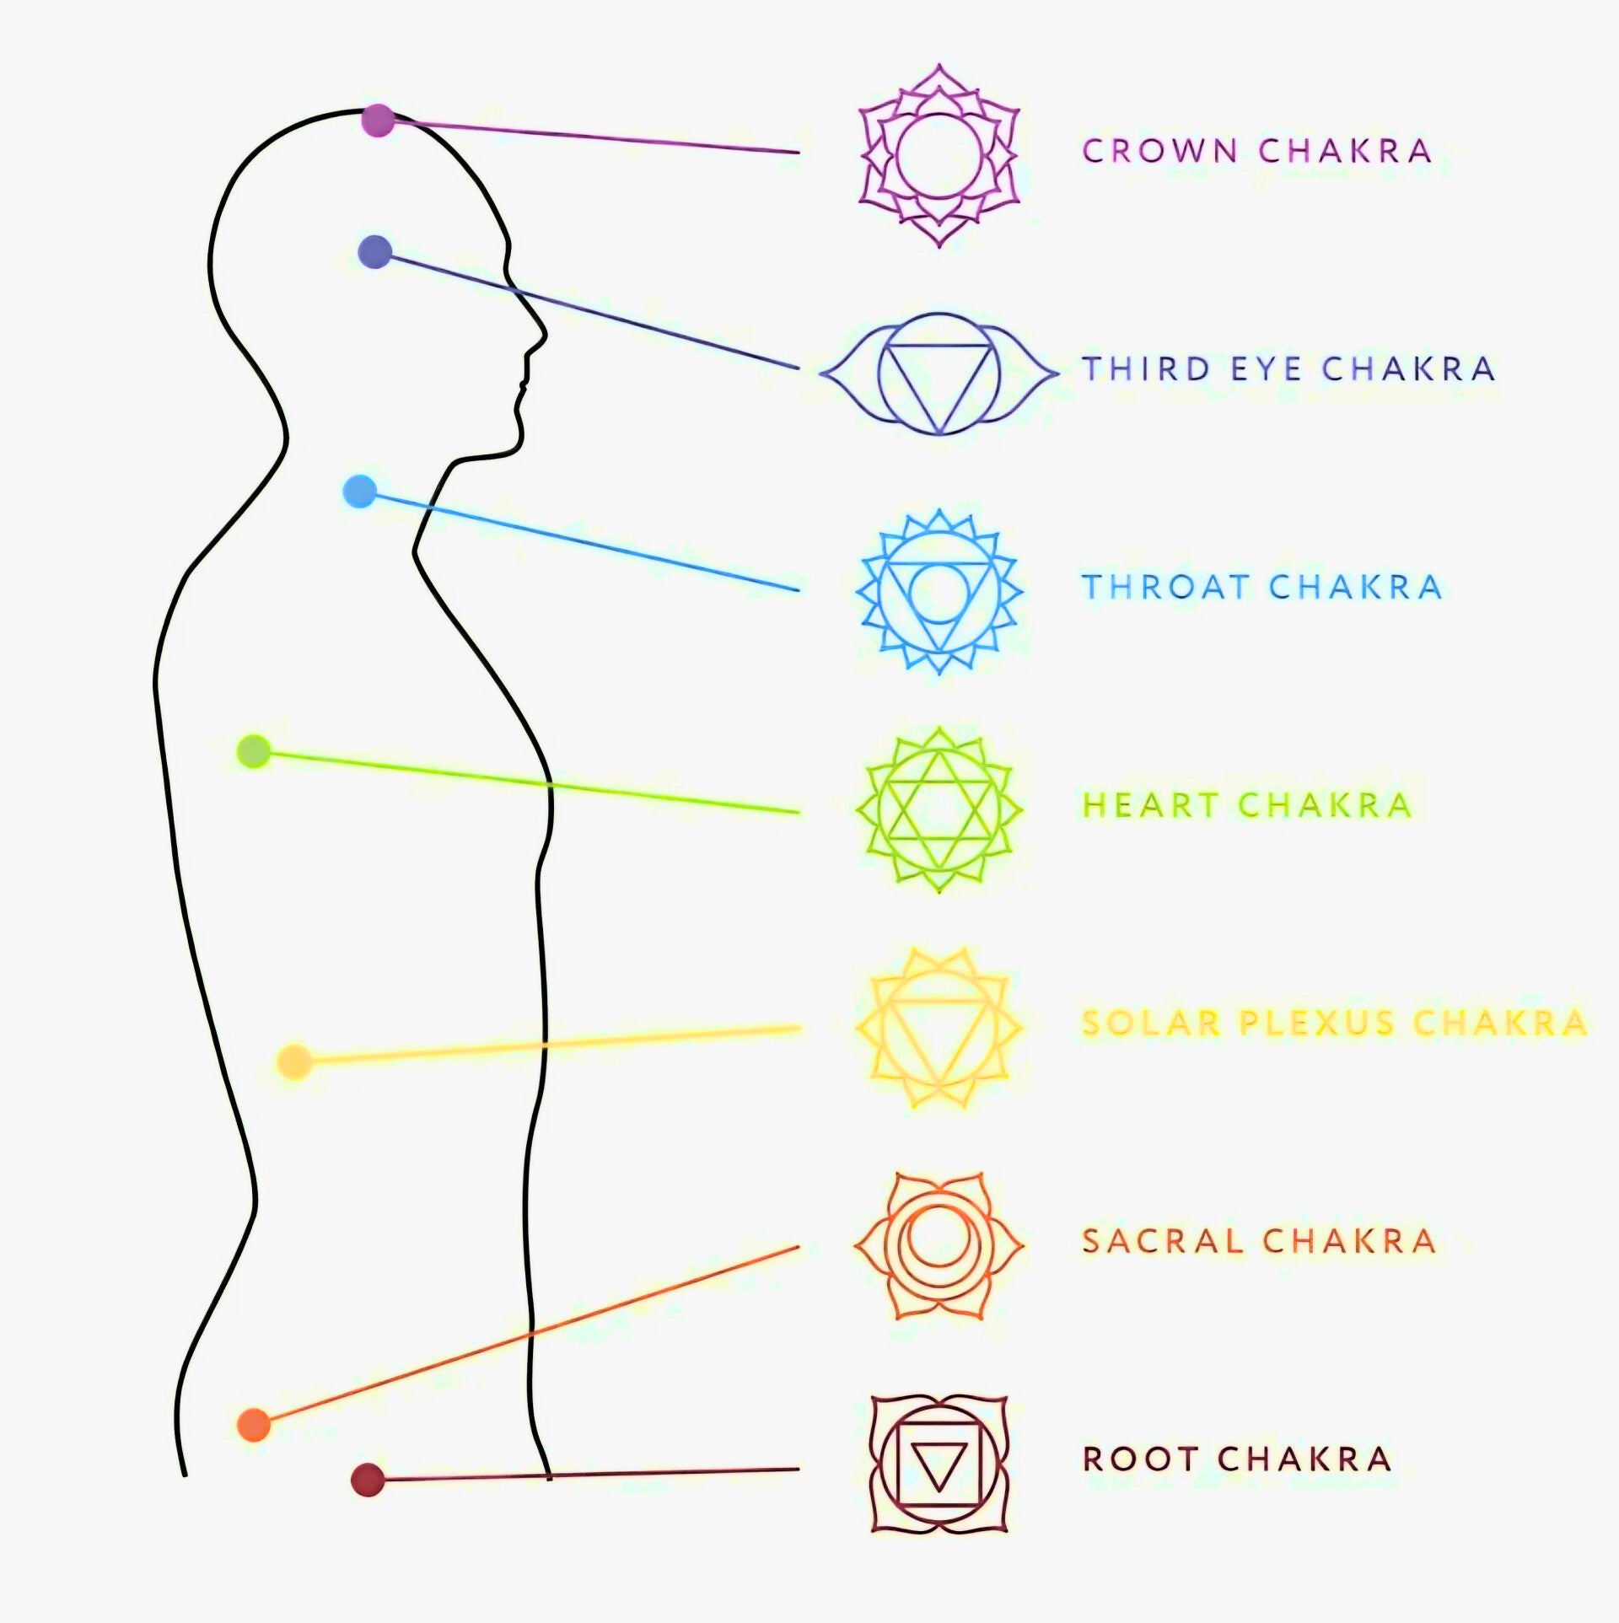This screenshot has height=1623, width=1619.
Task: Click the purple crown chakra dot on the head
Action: coord(378,121)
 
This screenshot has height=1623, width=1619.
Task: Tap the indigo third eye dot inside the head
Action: coord(375,251)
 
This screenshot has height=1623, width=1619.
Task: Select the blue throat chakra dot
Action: coord(360,492)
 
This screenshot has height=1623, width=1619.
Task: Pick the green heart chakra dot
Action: coord(254,751)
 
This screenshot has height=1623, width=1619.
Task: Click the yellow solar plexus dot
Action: coord(294,1061)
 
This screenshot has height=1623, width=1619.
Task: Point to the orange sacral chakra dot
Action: coord(254,1424)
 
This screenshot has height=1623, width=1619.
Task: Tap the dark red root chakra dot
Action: coord(368,1480)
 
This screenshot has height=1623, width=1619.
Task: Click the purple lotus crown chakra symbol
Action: coord(939,155)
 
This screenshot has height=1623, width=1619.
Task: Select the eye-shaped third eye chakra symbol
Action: coord(939,373)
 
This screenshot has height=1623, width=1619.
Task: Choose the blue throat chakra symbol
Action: coord(939,590)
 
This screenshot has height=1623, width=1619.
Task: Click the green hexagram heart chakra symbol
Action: coord(939,809)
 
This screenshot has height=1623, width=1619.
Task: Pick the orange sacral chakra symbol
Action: coord(939,1245)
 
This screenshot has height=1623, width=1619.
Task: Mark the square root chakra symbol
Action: coord(939,1464)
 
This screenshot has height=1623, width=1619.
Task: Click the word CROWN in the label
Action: coord(1159,151)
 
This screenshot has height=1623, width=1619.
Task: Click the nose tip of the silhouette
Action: coord(545,336)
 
